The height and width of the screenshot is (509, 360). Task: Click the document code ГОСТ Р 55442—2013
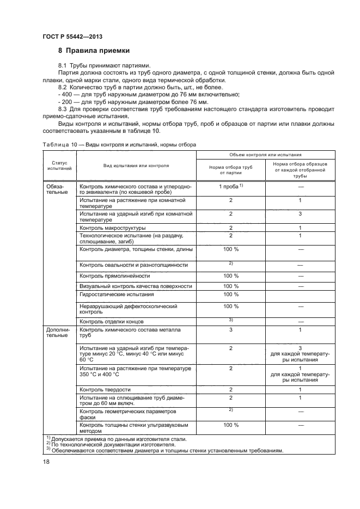72,36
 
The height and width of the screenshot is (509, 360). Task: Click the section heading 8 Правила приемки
94,51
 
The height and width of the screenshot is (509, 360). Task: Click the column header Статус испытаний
56,166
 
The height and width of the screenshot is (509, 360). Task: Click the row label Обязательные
56,189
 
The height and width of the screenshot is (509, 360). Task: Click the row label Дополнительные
57,332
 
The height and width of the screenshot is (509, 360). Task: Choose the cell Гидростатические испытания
117,294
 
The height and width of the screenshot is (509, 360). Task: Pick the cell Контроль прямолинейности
115,276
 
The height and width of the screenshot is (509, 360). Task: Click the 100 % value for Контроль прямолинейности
230,276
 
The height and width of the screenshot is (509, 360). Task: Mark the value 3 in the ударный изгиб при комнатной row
300,214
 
